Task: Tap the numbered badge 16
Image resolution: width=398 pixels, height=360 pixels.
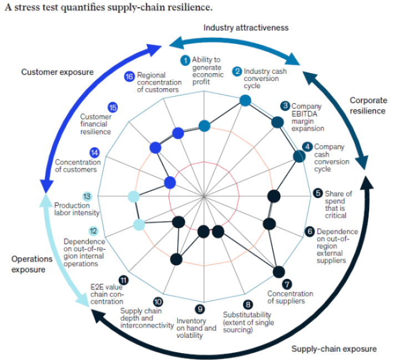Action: (x=129, y=77)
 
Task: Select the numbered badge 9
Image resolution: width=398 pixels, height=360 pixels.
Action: (x=200, y=310)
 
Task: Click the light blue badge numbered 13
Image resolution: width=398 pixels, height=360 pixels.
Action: (x=87, y=196)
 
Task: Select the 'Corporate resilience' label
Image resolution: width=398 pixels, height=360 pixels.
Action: (x=367, y=105)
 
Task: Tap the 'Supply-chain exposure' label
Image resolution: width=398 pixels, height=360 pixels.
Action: (x=334, y=348)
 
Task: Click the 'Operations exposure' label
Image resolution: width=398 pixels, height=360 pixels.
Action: (x=32, y=264)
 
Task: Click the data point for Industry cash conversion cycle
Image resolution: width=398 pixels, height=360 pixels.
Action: (x=245, y=100)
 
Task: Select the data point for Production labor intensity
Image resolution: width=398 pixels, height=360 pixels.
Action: (x=133, y=196)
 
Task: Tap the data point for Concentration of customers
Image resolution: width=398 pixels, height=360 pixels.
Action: (x=170, y=182)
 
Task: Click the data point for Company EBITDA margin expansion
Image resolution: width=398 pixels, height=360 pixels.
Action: (x=276, y=123)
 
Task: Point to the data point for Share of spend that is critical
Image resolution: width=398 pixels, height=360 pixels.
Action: (x=273, y=196)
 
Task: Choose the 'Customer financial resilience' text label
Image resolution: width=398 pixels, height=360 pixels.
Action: (x=95, y=124)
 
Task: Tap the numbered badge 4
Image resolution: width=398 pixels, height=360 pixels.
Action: (x=307, y=147)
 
